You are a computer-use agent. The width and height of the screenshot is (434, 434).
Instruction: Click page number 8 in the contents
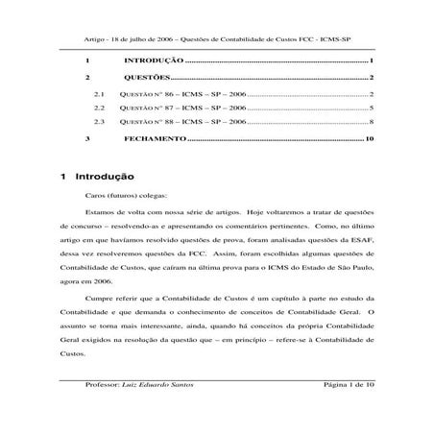[x=371, y=124]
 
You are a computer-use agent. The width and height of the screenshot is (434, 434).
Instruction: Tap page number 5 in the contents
[x=371, y=109]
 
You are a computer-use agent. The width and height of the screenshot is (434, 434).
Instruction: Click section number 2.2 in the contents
[x=99, y=109]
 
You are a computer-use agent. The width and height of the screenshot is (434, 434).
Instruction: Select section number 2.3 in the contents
[x=99, y=124]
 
